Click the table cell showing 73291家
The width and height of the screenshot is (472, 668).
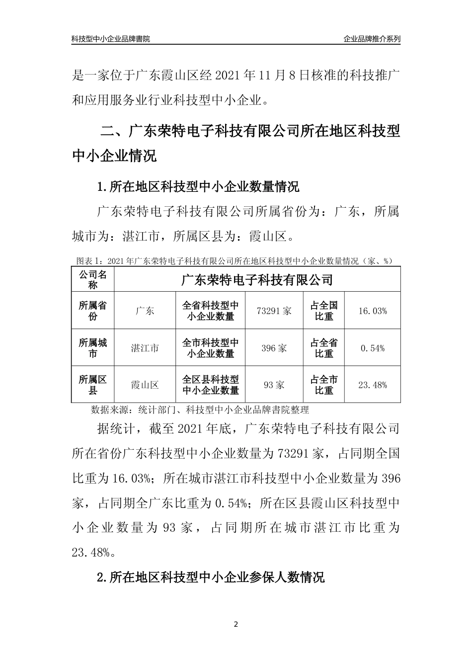pos(274,311)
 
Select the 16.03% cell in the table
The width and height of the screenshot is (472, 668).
pos(372,311)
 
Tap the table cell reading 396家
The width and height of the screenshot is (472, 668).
pos(274,348)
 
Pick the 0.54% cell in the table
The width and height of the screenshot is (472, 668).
pos(372,348)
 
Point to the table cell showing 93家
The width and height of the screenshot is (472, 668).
pos(274,385)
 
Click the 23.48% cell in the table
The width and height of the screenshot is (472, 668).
pos(372,385)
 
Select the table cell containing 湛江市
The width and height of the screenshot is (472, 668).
pos(145,348)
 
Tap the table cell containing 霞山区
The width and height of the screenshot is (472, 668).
pos(145,385)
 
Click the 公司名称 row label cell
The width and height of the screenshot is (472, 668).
pos(93,279)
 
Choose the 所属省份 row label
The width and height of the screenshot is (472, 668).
pos(93,311)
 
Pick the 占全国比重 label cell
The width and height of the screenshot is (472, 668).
pos(324,311)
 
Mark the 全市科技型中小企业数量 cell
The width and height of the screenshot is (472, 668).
pos(211,348)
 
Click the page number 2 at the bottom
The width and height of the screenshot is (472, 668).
pos(236,624)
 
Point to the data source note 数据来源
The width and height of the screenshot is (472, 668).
pos(200,410)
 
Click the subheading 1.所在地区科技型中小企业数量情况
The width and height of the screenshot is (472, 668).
pos(198,187)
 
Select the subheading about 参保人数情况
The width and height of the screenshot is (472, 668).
pos(211,577)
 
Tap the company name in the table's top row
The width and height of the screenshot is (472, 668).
pos(257,279)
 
